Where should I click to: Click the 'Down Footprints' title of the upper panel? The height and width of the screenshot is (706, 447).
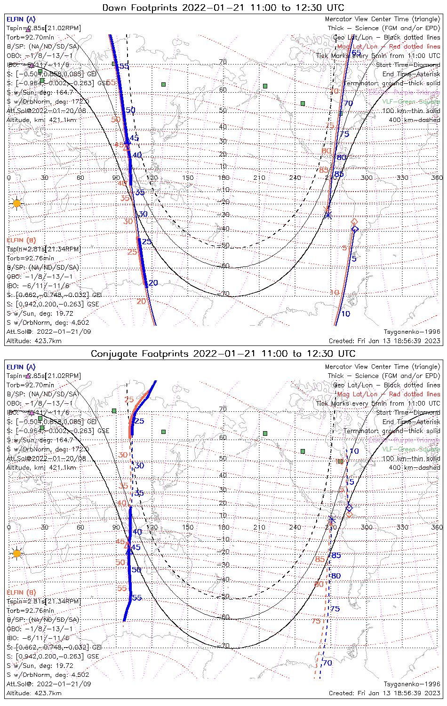[223, 8]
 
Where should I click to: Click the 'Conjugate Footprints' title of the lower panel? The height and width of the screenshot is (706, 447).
[223, 353]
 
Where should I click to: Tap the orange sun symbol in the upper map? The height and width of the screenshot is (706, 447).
[17, 203]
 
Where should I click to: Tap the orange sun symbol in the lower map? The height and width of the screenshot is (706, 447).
[17, 554]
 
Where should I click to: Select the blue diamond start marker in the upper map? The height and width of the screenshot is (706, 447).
[355, 229]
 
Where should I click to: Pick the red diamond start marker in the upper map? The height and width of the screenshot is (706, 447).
[354, 221]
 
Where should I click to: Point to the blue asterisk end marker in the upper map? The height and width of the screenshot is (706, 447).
[328, 215]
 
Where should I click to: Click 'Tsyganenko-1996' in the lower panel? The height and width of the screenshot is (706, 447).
[412, 684]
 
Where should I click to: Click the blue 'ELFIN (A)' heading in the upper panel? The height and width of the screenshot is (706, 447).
[21, 19]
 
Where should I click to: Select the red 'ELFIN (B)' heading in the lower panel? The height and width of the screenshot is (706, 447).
[21, 592]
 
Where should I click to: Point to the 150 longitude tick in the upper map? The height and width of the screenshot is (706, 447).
[188, 177]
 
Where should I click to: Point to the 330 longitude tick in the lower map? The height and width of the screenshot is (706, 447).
[402, 527]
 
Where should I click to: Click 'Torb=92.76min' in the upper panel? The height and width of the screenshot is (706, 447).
[30, 258]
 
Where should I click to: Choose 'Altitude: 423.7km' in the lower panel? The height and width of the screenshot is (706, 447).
[34, 693]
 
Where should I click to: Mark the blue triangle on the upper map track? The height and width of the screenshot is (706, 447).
[127, 141]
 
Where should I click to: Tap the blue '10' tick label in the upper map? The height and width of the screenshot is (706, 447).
[345, 314]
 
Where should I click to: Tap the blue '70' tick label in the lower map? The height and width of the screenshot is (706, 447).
[327, 663]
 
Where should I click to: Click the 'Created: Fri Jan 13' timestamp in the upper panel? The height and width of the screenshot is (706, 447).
[384, 341]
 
